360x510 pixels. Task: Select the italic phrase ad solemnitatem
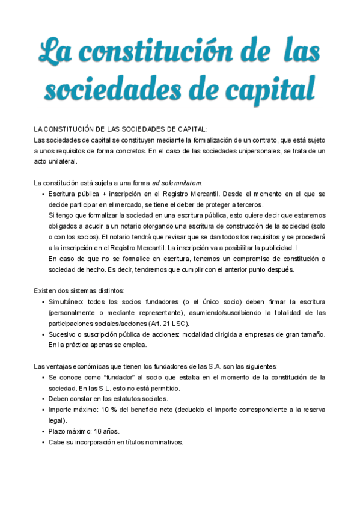[x=177, y=183]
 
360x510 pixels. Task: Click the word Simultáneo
[x=68, y=302]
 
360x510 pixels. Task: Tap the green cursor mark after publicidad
[x=296, y=248]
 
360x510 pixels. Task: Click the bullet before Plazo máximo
[x=43, y=431]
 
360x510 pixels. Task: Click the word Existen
[x=46, y=291]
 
